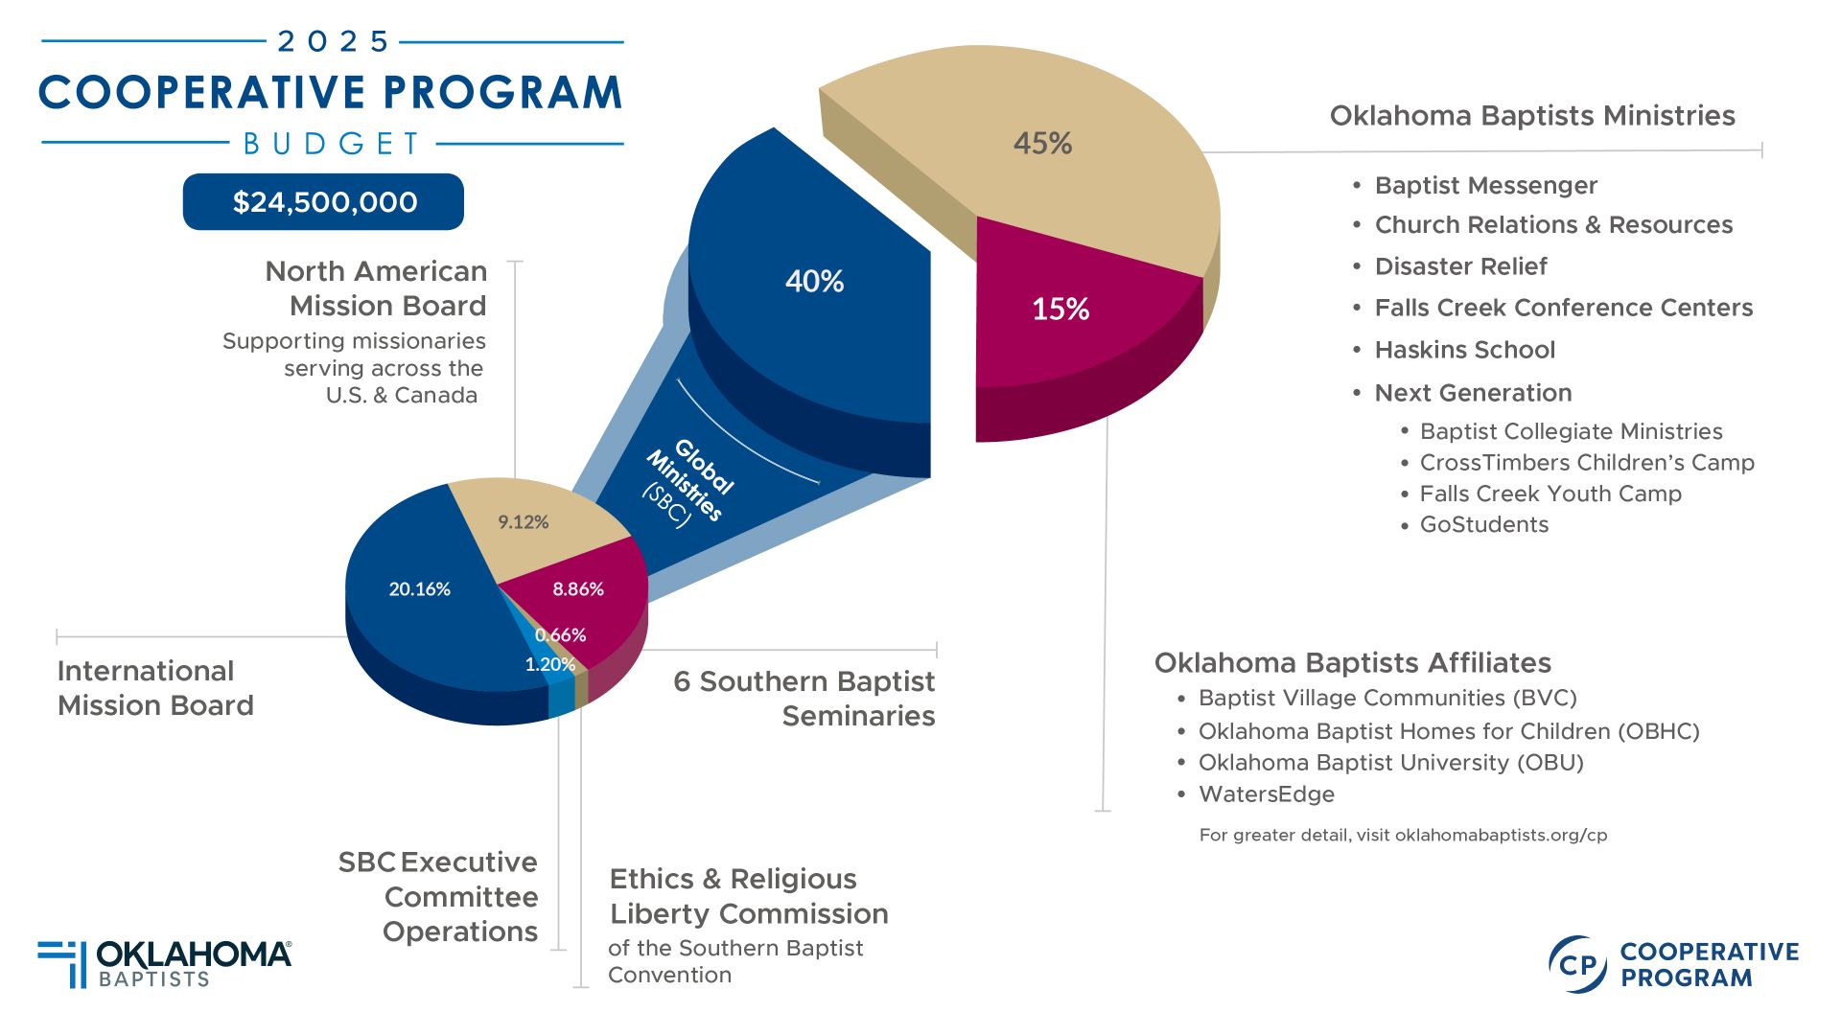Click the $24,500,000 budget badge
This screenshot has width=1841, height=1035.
(x=324, y=202)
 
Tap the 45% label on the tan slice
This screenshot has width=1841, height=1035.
(x=1042, y=144)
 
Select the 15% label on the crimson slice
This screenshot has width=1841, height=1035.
(x=1060, y=309)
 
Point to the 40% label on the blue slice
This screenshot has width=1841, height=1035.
(x=814, y=281)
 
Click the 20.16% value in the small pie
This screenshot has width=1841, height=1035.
(x=419, y=588)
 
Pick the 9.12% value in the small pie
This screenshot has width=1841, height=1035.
(x=523, y=521)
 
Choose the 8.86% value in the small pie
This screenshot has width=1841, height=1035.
(x=577, y=588)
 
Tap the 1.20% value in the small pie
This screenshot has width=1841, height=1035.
(x=549, y=664)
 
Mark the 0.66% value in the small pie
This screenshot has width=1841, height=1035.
(x=560, y=634)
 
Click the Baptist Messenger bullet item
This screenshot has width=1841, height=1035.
(x=1485, y=185)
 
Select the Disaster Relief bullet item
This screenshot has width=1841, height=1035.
(x=1460, y=266)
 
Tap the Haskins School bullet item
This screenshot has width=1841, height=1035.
(x=1464, y=350)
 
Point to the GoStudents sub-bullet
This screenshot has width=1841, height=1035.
(x=1483, y=524)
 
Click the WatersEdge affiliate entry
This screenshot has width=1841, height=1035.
(x=1266, y=793)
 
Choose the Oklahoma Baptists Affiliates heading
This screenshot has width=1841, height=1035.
(x=1352, y=662)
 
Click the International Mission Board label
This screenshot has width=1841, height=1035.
(x=155, y=688)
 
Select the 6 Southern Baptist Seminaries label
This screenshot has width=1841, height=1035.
(x=804, y=698)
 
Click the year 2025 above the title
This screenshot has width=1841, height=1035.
(x=333, y=41)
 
